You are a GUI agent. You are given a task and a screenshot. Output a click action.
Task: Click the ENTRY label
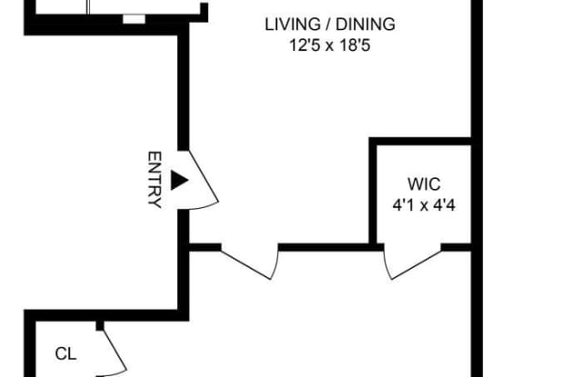point(155,180)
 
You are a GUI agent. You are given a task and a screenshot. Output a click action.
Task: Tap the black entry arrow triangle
point(178,180)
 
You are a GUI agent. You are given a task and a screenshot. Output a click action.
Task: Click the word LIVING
point(293,25)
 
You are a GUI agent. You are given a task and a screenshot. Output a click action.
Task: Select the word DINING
point(366,25)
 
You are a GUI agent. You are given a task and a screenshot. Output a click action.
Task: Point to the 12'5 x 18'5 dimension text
point(329,46)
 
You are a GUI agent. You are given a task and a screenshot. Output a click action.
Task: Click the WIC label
point(424,184)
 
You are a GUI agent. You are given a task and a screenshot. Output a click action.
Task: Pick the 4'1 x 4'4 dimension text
point(424,205)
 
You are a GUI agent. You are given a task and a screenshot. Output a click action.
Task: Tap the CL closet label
point(65,354)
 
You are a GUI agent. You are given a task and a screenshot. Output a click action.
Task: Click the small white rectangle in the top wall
point(134,19)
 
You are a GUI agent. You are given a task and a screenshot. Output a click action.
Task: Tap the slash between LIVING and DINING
point(328,25)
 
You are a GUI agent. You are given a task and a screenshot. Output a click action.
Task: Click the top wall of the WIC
point(420,141)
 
